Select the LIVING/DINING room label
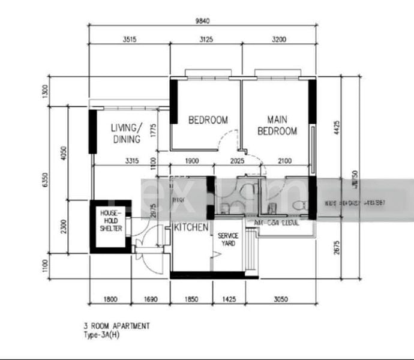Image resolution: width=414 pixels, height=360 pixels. (x=127, y=134)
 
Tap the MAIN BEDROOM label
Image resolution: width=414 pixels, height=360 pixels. (x=277, y=125)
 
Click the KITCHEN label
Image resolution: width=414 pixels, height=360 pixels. (x=191, y=228)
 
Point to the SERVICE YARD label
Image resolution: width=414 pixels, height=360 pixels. (x=228, y=239)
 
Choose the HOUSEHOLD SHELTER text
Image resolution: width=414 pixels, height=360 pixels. (x=111, y=221)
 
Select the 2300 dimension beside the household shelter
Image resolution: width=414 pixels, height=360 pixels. (x=71, y=226)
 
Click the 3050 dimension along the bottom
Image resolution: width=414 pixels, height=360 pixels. (x=280, y=298)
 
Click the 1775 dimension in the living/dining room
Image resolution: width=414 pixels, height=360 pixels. (x=154, y=131)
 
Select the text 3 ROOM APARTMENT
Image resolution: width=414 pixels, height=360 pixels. (x=117, y=326)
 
